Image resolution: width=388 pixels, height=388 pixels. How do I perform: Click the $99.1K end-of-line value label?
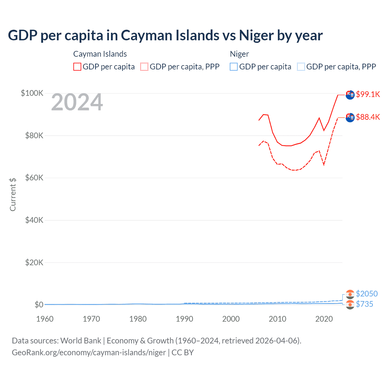pos(368,94)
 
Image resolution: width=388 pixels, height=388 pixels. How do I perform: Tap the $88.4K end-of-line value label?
pos(368,117)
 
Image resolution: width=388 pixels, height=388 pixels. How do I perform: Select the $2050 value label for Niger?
pos(366,294)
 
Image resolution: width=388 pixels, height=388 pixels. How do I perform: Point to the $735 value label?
pos(364,304)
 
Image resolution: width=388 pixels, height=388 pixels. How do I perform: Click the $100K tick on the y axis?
pos(32,93)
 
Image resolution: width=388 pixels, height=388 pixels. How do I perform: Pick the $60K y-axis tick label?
pos(34,178)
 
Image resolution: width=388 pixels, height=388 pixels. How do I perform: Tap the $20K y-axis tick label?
pos(34,263)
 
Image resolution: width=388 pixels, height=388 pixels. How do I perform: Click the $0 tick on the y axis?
pos(39,305)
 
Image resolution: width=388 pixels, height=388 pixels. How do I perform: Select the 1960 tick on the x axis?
pos(45,319)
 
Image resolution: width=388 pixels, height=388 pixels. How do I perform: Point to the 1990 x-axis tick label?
pos(184,319)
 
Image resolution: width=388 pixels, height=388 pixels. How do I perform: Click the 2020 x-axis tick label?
pos(324,319)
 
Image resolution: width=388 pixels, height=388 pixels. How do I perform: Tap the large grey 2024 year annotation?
pos(77,102)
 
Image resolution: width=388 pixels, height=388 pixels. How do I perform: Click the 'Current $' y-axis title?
pos(13,195)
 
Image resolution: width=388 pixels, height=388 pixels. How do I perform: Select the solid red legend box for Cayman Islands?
pos(77,67)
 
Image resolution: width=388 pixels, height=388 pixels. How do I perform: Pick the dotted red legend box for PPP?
pos(144,67)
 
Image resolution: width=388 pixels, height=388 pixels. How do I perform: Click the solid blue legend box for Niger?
pos(234,67)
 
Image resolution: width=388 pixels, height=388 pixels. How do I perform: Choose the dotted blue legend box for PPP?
pos(301,67)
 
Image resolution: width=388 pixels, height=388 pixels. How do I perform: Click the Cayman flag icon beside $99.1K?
pos(350,95)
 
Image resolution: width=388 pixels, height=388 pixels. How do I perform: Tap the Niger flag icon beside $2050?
pos(350,294)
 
